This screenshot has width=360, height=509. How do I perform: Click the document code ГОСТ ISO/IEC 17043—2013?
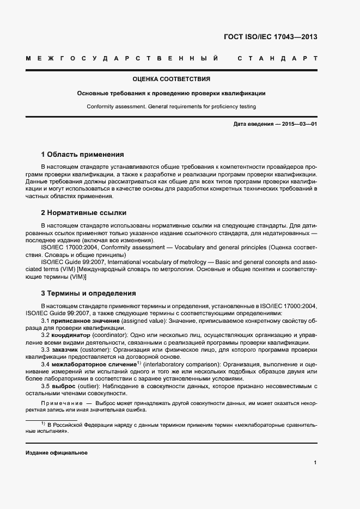click(x=270, y=37)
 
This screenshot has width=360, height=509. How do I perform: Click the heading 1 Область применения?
click(x=83, y=155)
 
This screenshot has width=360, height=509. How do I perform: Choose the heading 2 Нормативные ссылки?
click(x=84, y=213)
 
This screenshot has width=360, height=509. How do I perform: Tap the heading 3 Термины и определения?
click(x=89, y=293)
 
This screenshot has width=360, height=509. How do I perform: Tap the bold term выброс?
click(x=62, y=385)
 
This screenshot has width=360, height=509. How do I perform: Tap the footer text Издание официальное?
click(x=57, y=453)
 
